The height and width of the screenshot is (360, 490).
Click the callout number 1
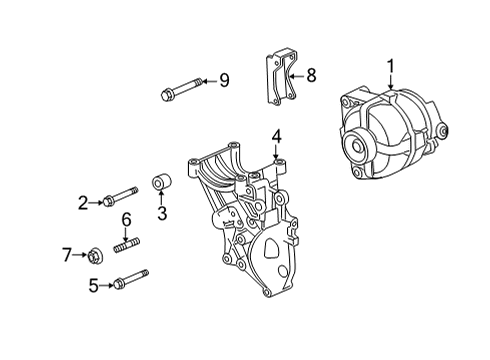tap(391, 66)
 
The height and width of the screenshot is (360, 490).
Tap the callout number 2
tap(83, 203)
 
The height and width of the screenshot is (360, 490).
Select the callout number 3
tap(162, 213)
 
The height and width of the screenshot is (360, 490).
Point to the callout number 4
tap(276, 137)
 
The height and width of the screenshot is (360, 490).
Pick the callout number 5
tap(94, 285)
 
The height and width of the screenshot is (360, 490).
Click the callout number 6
tap(126, 219)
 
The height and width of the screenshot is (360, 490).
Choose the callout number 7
tap(67, 255)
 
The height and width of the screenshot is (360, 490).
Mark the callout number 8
tap(311, 75)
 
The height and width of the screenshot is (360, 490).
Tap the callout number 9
tap(224, 80)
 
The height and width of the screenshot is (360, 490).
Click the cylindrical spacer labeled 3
tap(162, 182)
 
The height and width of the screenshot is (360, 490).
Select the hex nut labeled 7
tap(95, 256)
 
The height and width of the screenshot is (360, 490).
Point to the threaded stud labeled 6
tap(127, 245)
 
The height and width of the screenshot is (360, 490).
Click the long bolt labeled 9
tap(181, 88)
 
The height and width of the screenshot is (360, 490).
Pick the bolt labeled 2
tap(121, 197)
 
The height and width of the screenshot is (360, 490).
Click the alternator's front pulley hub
tap(357, 147)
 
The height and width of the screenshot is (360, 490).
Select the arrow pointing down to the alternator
tap(391, 82)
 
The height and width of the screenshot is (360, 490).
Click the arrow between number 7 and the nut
tap(80, 255)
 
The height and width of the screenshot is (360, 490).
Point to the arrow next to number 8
tap(297, 76)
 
